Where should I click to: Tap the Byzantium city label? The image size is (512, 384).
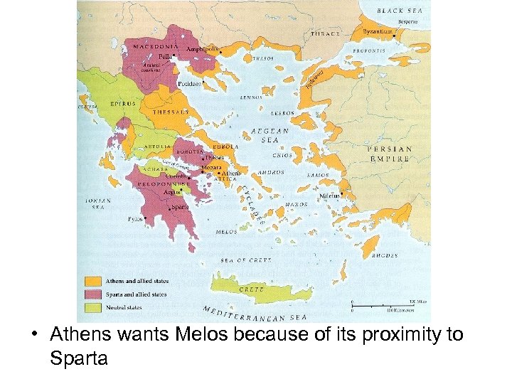pos(377,32)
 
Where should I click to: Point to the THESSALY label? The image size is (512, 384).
pos(171,112)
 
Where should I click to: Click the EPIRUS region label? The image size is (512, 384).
pos(122,103)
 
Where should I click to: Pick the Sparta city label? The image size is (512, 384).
pos(180,207)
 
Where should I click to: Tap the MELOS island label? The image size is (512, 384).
pos(226,232)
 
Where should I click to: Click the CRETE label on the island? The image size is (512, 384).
pos(252,289)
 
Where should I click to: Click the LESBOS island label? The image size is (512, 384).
pos(283,113)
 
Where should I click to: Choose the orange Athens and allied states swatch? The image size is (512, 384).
pos(92,281)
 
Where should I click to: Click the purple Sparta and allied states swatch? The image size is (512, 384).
pos(92,294)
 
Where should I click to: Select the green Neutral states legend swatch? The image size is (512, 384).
pos(92,308)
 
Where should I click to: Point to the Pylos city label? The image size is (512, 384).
pos(135,219)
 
